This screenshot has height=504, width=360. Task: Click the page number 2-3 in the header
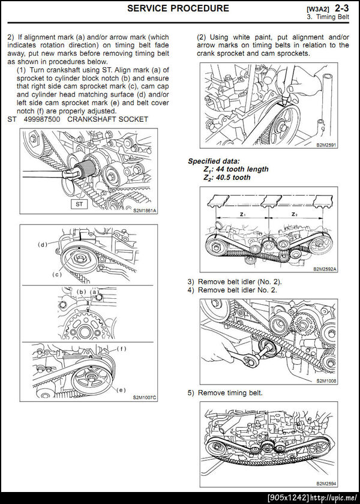(x=341, y=8)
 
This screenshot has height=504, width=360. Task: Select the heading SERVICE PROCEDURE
(x=178, y=8)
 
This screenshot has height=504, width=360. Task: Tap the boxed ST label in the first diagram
(x=79, y=204)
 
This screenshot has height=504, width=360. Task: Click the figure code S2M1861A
(x=144, y=211)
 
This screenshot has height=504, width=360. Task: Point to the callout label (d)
(x=43, y=244)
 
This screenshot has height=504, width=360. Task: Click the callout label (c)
(x=57, y=275)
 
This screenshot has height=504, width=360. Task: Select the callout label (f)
(x=121, y=349)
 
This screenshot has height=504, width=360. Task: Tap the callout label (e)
(x=121, y=390)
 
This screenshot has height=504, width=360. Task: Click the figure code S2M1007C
(x=145, y=398)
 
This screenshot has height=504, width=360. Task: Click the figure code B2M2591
(x=326, y=145)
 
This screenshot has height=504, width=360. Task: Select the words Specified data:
(x=214, y=161)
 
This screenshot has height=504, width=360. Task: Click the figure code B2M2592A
(x=325, y=269)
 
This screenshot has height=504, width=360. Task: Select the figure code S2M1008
(x=326, y=381)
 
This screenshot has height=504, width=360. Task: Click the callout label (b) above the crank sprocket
(x=82, y=291)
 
